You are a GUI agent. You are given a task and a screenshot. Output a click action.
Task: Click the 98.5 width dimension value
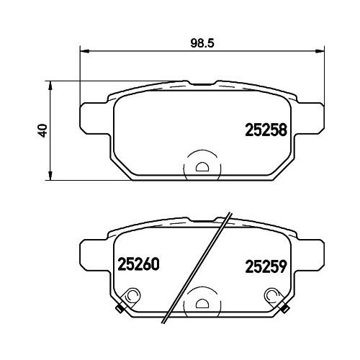pos(202,43)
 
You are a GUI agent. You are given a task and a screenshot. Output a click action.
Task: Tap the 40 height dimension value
pos(42,130)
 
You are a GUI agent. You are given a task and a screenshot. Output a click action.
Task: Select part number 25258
pos(266,130)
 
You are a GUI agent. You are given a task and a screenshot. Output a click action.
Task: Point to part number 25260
pos(138,264)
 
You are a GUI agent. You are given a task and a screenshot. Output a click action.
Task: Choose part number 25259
pos(266,266)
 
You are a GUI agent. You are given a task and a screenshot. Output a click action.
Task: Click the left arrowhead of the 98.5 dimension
pos(84,51)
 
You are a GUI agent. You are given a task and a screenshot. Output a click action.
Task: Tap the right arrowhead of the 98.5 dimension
pos(320,51)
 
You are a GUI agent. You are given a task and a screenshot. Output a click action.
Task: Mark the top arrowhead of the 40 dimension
pos(50,86)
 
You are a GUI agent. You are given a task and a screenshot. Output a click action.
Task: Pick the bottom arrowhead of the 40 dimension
pos(50,175)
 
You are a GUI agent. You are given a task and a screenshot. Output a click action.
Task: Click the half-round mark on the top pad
pos(202,167)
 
